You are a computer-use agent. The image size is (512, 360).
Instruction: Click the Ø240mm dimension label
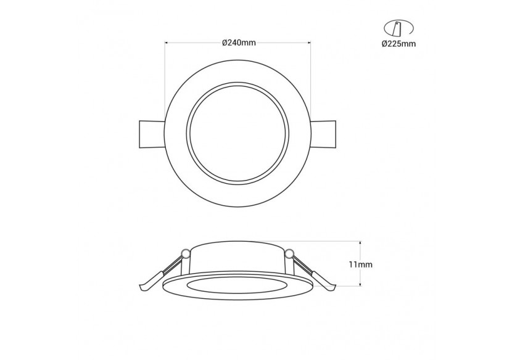238,42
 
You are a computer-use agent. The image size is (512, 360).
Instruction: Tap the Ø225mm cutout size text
398,43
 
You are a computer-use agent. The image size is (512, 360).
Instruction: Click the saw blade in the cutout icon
397,28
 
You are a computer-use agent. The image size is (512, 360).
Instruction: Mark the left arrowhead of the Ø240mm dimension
167,43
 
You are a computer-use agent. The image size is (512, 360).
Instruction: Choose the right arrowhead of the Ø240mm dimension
308,43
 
